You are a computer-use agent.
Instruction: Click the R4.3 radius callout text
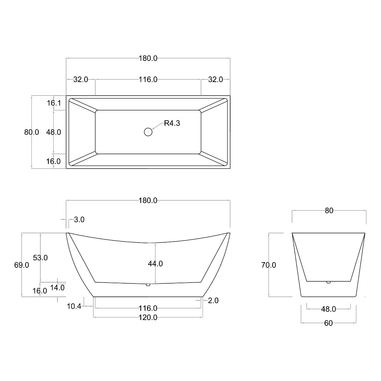click(x=172, y=123)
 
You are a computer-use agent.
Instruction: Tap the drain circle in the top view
click(x=148, y=132)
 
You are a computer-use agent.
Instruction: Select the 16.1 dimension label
click(x=54, y=103)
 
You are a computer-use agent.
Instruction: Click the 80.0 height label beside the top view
click(x=31, y=132)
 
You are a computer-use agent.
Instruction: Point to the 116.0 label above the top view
click(x=148, y=79)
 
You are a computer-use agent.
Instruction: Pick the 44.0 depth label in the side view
click(x=155, y=264)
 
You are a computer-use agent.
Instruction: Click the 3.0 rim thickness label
click(x=79, y=219)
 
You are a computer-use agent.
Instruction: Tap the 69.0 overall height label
click(x=22, y=265)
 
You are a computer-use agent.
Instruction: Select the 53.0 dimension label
click(x=40, y=257)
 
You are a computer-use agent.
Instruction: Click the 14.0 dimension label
click(x=57, y=288)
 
